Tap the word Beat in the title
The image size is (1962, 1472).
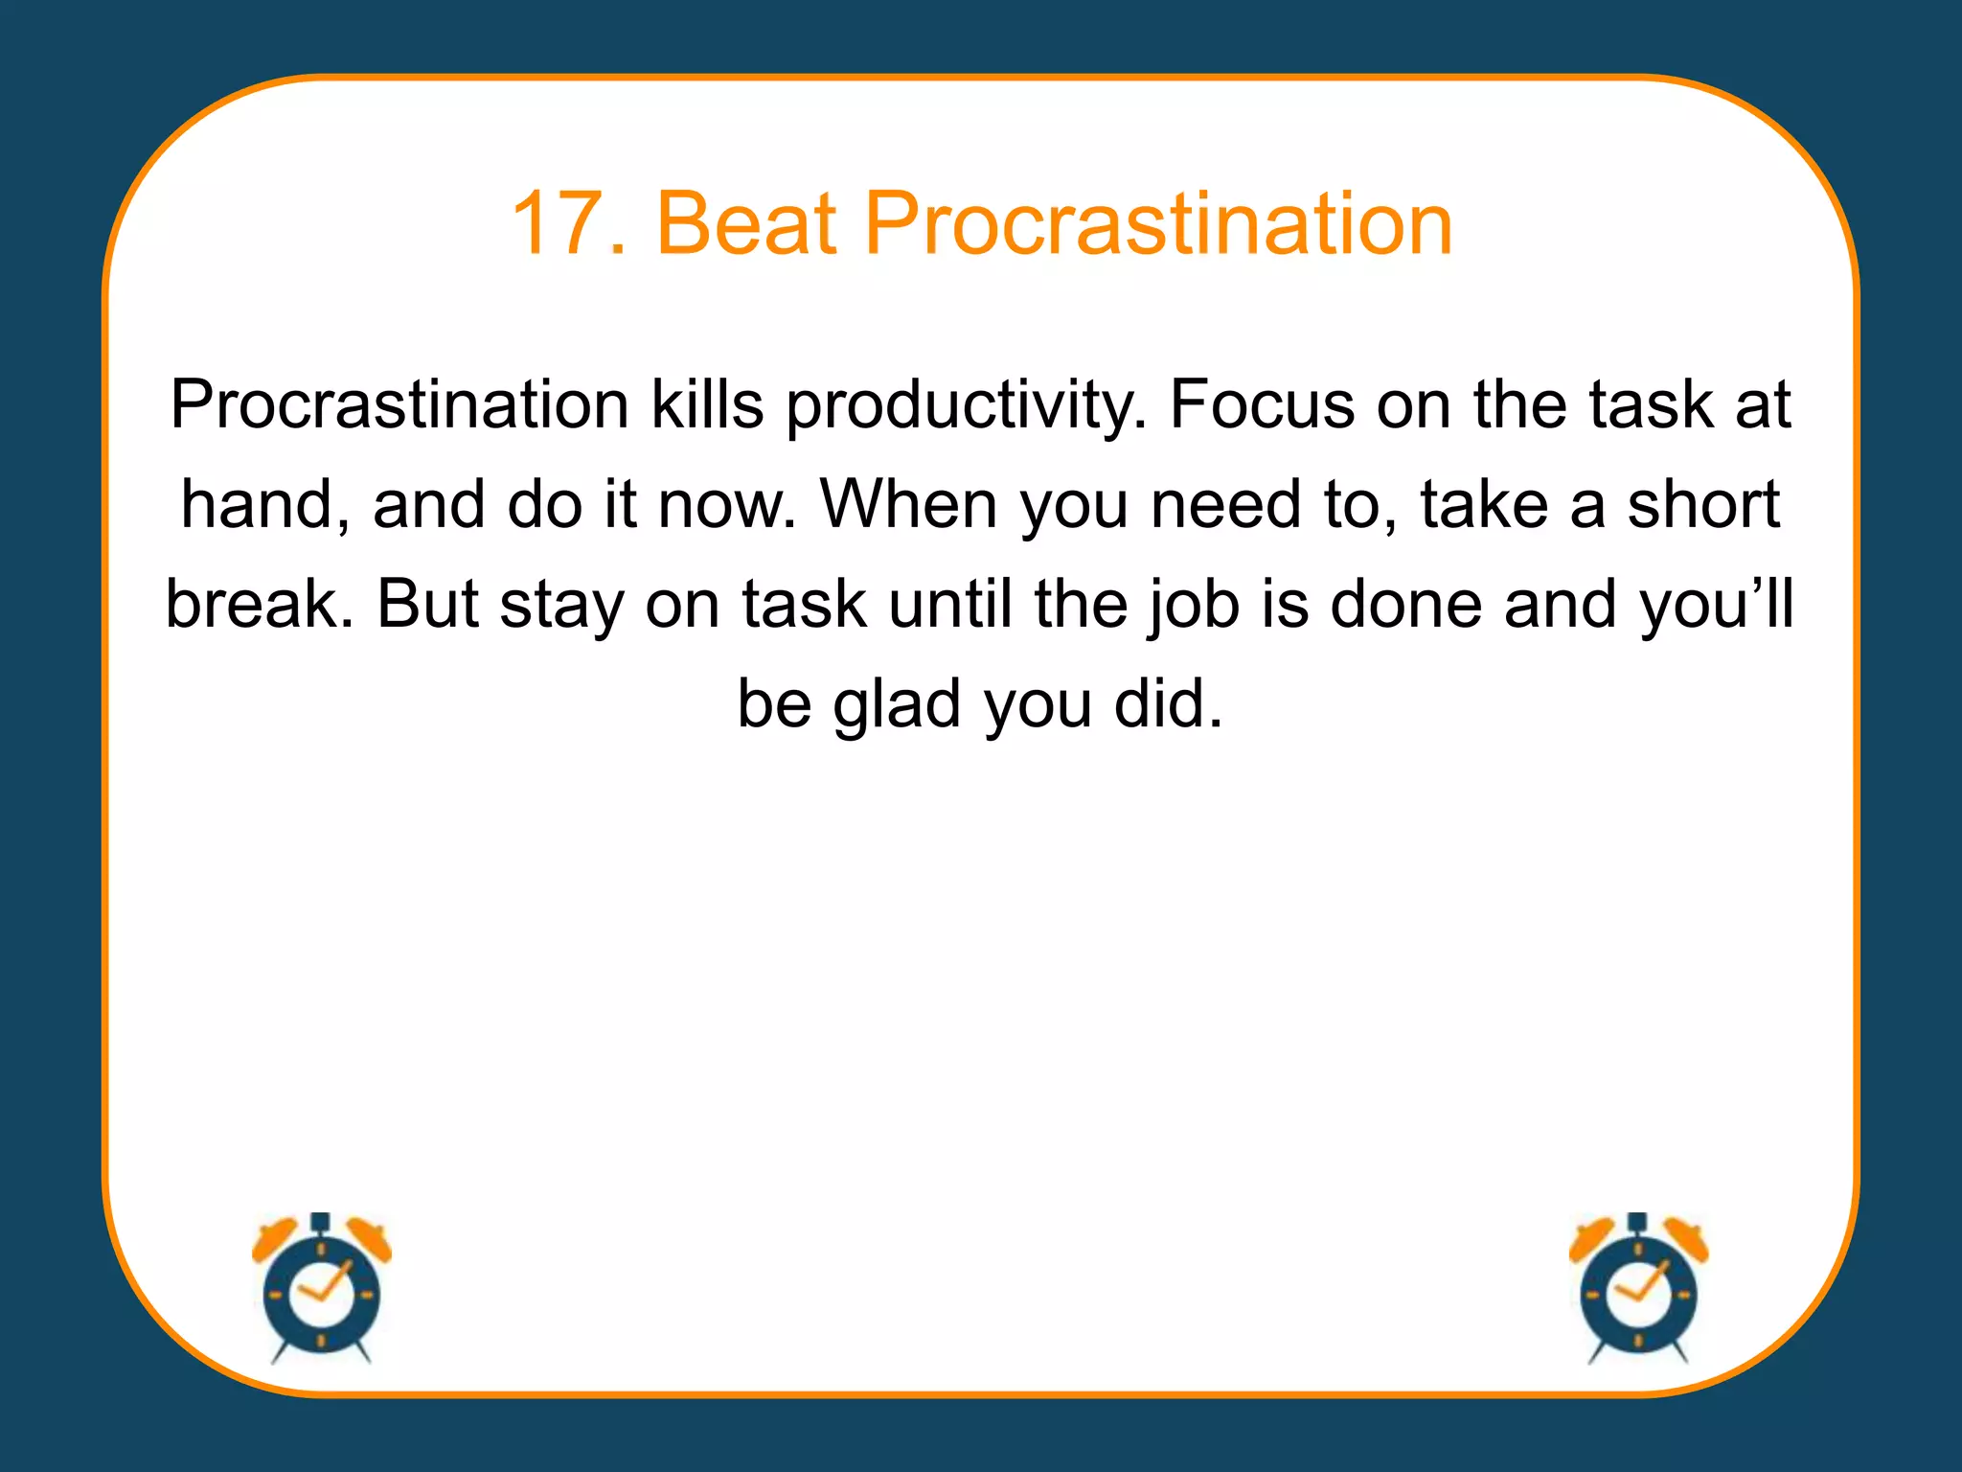[746, 223]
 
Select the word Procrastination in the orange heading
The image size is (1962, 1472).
[1158, 223]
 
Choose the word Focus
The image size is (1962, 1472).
[1262, 404]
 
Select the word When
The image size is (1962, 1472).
[908, 504]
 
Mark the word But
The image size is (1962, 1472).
[427, 604]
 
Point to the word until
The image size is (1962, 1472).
[949, 604]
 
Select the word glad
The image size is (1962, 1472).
[896, 705]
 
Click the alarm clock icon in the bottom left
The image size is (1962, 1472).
[322, 1289]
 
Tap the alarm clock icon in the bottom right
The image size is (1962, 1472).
[1638, 1289]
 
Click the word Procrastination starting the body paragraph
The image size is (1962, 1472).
[399, 404]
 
